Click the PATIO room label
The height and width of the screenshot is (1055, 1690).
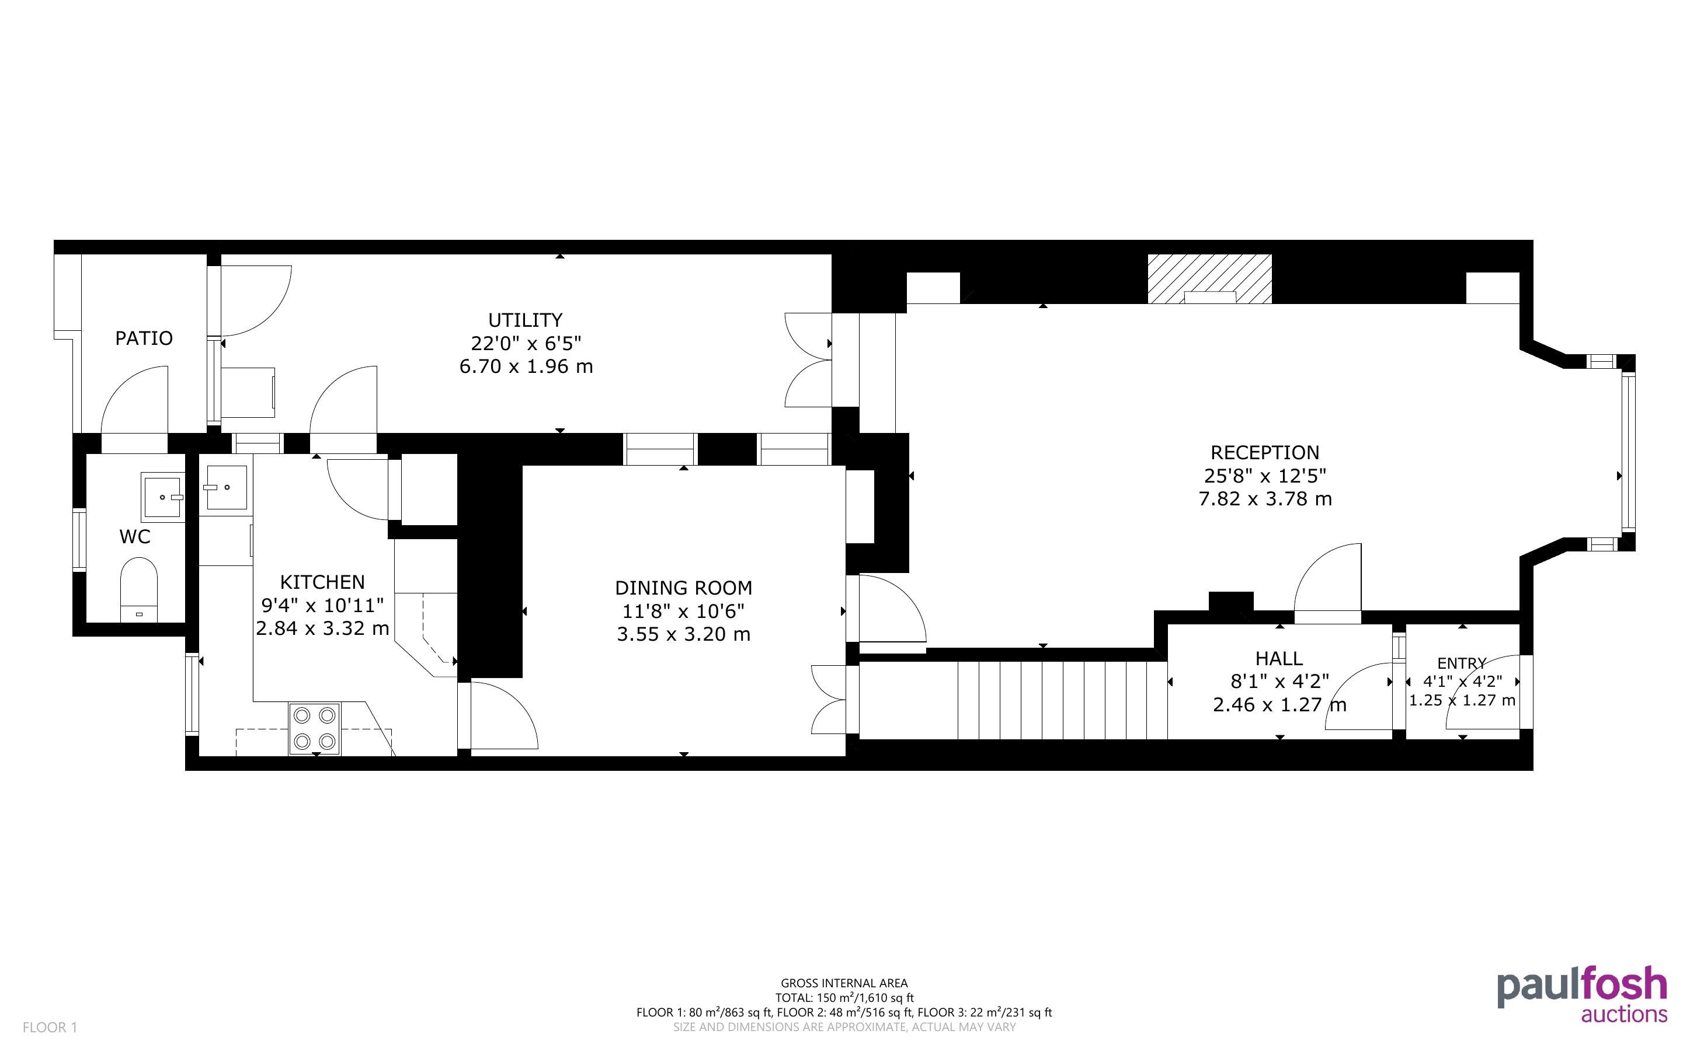pos(144,338)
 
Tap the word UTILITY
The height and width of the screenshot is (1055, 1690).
pos(525,320)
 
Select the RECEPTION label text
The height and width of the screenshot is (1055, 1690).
pos(1265,453)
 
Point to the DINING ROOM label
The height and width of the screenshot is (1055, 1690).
pos(683,588)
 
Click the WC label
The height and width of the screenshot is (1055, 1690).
pos(135,537)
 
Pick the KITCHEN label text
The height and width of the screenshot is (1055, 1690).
pos(322,582)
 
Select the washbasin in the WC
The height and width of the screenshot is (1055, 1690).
pos(163,497)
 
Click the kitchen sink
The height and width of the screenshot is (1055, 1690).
pos(225,486)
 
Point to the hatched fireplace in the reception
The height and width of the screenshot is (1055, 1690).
pos(1210,279)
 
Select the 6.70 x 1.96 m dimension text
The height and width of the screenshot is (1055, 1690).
pos(526,366)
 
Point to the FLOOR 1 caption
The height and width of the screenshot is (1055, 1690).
pos(50,1027)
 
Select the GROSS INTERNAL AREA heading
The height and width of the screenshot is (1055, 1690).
pos(844,984)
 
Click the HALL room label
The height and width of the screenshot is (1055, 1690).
pos(1279,659)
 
